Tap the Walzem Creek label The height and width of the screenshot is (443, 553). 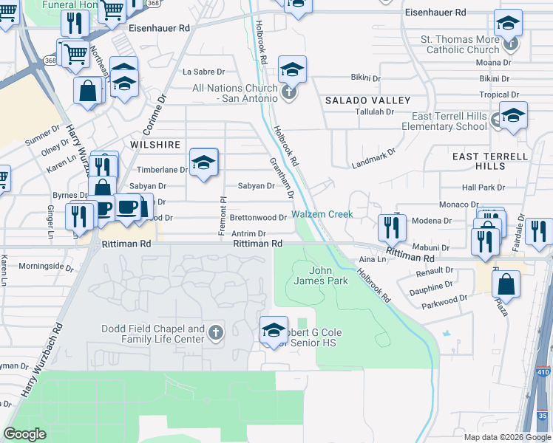tap(322, 214)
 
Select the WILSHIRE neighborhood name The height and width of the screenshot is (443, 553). tap(155, 145)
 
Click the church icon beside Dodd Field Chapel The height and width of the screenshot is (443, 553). tap(216, 332)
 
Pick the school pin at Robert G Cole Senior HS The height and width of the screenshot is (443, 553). tap(274, 329)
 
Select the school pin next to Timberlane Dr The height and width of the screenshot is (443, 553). tap(204, 162)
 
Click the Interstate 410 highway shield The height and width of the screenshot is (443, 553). tap(543, 373)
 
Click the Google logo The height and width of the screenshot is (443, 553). tap(24, 434)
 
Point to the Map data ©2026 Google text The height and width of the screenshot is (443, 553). tap(506, 437)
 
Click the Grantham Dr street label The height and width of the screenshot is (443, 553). tap(282, 177)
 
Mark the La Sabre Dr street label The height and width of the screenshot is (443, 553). tap(203, 72)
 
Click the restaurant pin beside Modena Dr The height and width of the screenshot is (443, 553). tap(391, 227)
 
